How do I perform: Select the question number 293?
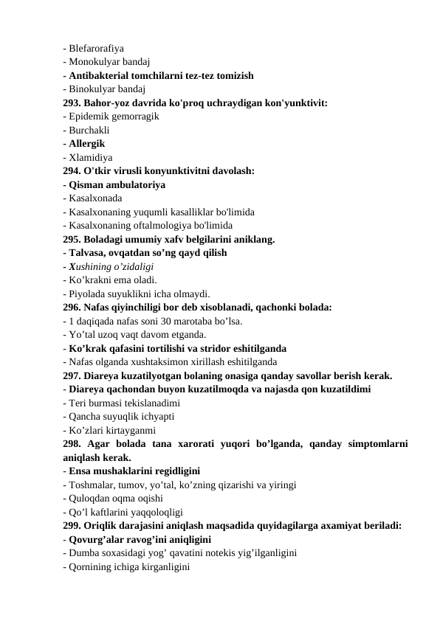pyautogui.click(x=72, y=103)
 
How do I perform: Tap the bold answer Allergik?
pyautogui.click(x=86, y=143)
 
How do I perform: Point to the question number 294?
pyautogui.click(x=72, y=170)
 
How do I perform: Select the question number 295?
pyautogui.click(x=72, y=239)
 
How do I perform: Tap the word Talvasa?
pyautogui.click(x=88, y=252)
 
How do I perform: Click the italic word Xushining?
pyautogui.click(x=90, y=266)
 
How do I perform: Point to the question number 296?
pyautogui.click(x=72, y=306)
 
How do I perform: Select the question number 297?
pyautogui.click(x=72, y=375)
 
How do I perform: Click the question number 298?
pyautogui.click(x=72, y=443)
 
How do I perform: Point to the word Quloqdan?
pyautogui.click(x=90, y=498)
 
